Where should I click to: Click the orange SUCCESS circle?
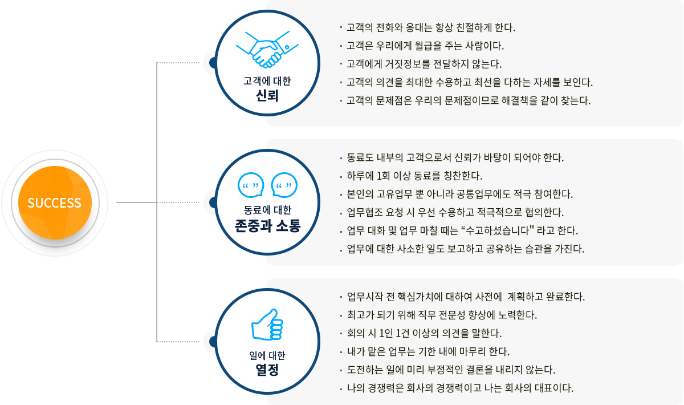(x=55, y=202)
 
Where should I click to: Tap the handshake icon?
(x=267, y=49)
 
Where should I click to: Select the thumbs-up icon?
(x=267, y=325)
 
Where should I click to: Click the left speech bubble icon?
(x=251, y=185)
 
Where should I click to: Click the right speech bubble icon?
(x=284, y=185)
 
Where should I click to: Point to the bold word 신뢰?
(x=267, y=96)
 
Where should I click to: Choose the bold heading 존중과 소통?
(x=267, y=226)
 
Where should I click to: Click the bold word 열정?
(x=267, y=370)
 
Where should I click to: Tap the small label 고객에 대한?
(x=267, y=81)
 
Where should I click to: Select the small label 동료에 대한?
(x=267, y=210)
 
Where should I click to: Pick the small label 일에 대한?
(x=267, y=355)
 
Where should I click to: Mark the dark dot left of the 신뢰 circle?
(x=213, y=63)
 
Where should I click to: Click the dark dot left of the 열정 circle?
(x=213, y=342)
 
